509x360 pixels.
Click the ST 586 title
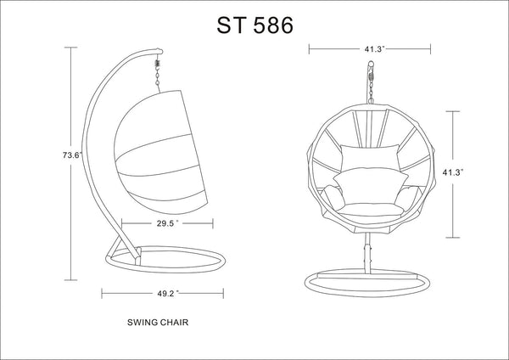tap(255, 25)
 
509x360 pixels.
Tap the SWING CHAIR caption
tap(158, 323)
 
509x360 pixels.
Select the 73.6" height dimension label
tap(72, 155)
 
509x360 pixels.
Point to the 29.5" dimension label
tap(167, 223)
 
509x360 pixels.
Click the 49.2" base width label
tap(168, 294)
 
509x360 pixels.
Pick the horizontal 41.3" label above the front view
tap(374, 49)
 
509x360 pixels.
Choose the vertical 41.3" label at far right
tap(452, 172)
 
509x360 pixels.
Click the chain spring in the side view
tap(158, 62)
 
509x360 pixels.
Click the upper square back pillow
tap(370, 157)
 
